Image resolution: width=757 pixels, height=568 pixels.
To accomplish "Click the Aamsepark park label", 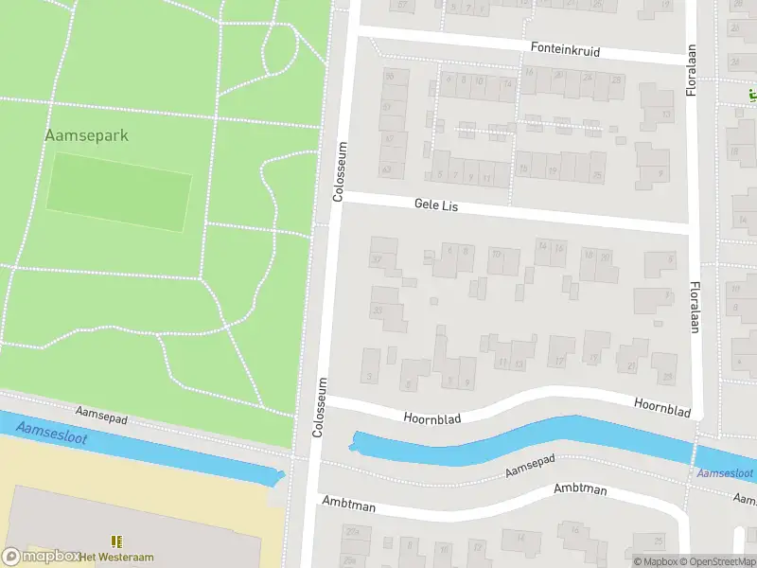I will tap(86, 135).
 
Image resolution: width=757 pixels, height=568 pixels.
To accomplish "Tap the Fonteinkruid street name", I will tap(565, 49).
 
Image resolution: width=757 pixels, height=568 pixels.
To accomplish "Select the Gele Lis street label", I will tap(435, 204).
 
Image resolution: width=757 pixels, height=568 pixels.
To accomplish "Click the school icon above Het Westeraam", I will tap(117, 541).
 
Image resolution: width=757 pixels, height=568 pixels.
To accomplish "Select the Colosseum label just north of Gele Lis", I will tap(340, 171).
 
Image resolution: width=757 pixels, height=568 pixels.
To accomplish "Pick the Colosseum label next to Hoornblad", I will tap(320, 408).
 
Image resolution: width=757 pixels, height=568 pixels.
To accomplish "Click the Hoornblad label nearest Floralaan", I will tap(662, 407).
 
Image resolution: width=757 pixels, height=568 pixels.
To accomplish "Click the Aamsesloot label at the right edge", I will tap(724, 472).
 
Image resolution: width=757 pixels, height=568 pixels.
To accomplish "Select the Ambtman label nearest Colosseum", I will tap(348, 504).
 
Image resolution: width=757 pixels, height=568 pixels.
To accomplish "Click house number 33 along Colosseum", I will tap(378, 310).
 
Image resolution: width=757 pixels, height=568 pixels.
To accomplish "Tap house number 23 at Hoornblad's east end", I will tap(668, 377).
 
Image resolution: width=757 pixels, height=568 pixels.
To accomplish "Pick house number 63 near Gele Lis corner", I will tap(386, 169).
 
